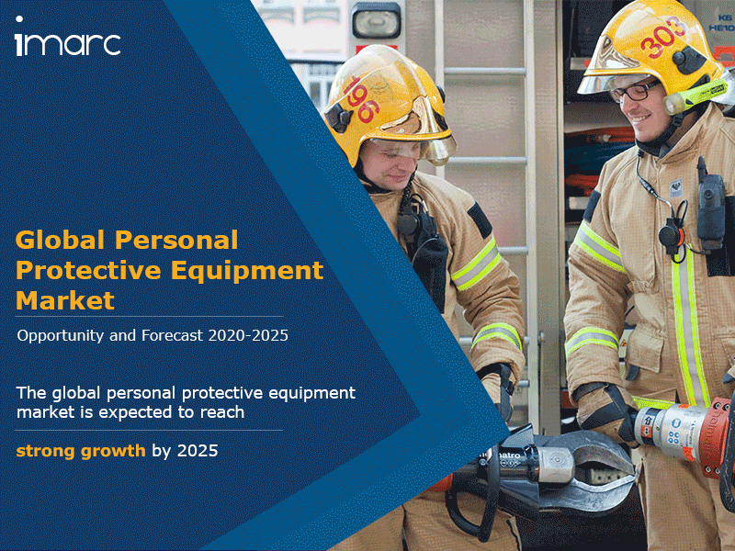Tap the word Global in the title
(x=61, y=240)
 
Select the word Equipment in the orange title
(x=247, y=272)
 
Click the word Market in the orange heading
(x=65, y=300)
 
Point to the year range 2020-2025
(x=248, y=335)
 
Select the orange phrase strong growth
(x=81, y=452)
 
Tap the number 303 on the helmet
(x=662, y=38)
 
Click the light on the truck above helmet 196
(x=376, y=20)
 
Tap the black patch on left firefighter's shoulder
(x=480, y=219)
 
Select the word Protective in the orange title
(x=88, y=270)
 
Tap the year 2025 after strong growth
(x=198, y=451)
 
